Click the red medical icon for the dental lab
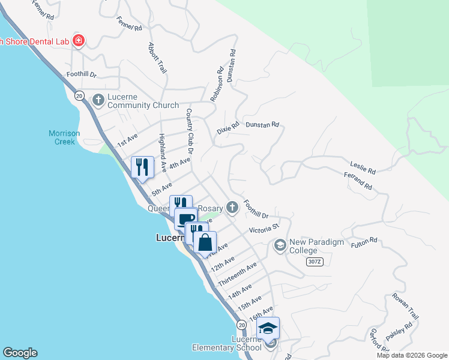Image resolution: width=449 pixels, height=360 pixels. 78,41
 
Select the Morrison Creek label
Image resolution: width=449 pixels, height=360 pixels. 62,137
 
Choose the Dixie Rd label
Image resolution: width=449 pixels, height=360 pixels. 228,127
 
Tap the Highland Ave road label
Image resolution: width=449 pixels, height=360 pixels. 162,152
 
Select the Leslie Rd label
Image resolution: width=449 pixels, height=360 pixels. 363,167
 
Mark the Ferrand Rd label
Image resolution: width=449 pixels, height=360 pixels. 358,182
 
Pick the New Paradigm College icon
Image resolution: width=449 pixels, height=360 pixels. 280,245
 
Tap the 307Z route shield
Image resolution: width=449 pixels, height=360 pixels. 314,262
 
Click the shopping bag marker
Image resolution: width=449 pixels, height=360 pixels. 205,243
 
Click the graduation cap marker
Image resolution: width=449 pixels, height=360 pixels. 268,328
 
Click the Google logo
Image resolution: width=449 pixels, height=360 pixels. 20,353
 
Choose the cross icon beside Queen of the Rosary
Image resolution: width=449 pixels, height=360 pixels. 232,208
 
